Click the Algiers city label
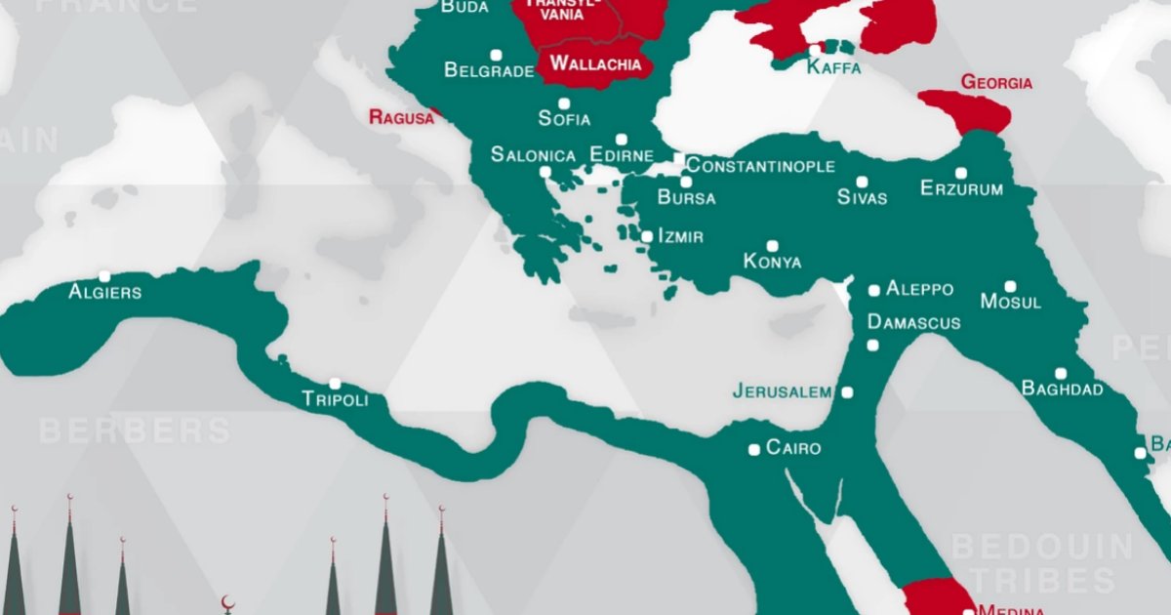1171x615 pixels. pyautogui.click(x=104, y=292)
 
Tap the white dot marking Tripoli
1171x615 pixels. pyautogui.click(x=335, y=384)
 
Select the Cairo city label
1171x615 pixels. pyautogui.click(x=793, y=449)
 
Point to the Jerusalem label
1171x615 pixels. pyautogui.click(x=783, y=392)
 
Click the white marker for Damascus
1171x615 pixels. pyautogui.click(x=872, y=346)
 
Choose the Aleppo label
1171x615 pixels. pyautogui.click(x=919, y=290)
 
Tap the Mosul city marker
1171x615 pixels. pyautogui.click(x=1010, y=286)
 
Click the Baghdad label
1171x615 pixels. pyautogui.click(x=1062, y=389)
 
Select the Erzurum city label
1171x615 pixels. pyautogui.click(x=961, y=189)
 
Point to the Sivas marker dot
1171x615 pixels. pyautogui.click(x=862, y=182)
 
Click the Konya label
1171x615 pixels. pyautogui.click(x=772, y=262)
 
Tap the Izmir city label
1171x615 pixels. pyautogui.click(x=680, y=236)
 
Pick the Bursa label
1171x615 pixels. pyautogui.click(x=686, y=198)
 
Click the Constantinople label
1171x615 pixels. pyautogui.click(x=760, y=166)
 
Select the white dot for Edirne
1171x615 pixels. pyautogui.click(x=621, y=140)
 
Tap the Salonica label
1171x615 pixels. pyautogui.click(x=533, y=155)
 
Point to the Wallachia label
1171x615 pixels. pyautogui.click(x=595, y=64)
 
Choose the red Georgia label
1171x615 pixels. pyautogui.click(x=996, y=83)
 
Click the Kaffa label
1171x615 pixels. pyautogui.click(x=834, y=68)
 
